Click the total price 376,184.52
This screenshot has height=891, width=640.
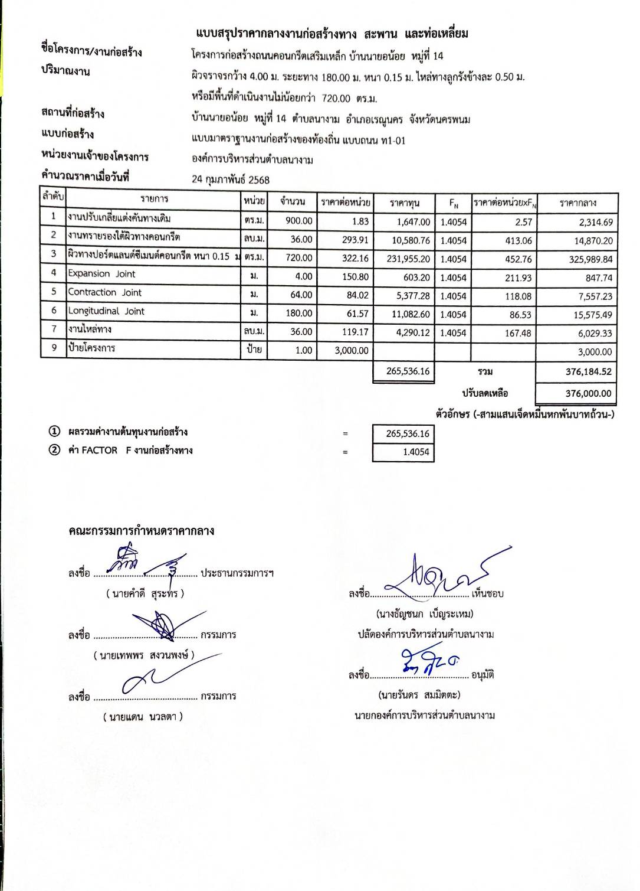point(588,372)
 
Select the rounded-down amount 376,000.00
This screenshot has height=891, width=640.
point(588,394)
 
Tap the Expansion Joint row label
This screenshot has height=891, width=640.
point(101,274)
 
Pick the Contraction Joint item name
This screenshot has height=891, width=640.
point(104,292)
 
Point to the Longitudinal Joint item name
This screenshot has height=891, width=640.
point(106,311)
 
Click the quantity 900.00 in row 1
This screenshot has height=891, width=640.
point(299,221)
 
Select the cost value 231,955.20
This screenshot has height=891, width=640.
point(408,259)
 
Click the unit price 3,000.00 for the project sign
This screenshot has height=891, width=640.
point(352,351)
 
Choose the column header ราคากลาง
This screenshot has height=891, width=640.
point(577,203)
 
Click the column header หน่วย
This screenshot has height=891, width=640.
point(254,201)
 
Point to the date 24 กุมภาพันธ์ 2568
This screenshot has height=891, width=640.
point(231,179)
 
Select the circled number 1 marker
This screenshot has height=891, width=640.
point(54,432)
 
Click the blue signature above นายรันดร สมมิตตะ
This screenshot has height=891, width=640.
point(428,661)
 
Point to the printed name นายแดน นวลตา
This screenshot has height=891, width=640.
point(143,717)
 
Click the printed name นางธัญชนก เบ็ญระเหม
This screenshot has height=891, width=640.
point(424,614)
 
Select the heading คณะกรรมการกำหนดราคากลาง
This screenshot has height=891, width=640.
point(141,531)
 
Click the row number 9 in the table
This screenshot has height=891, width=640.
point(54,348)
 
